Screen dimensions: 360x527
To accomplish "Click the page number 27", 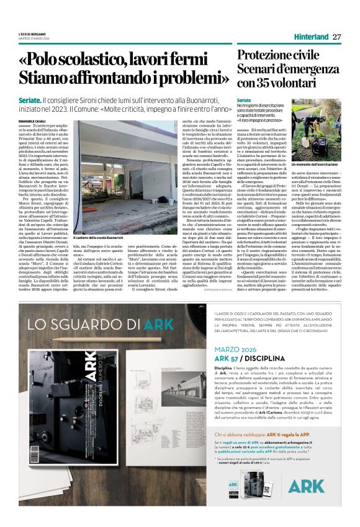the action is [x=337, y=37].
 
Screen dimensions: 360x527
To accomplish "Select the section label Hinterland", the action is [x=310, y=37].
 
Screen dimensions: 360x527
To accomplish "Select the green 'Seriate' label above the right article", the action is [x=245, y=99].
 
